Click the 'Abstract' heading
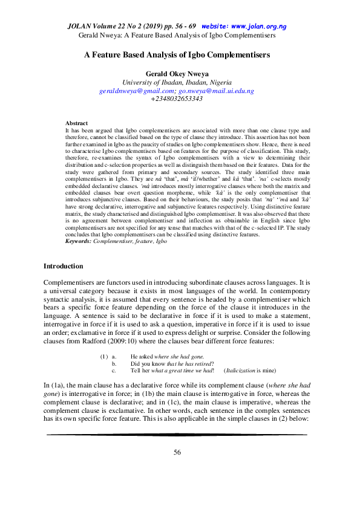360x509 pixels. click(76, 123)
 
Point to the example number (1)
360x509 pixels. click(103, 357)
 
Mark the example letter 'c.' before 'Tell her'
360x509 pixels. click(114, 371)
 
